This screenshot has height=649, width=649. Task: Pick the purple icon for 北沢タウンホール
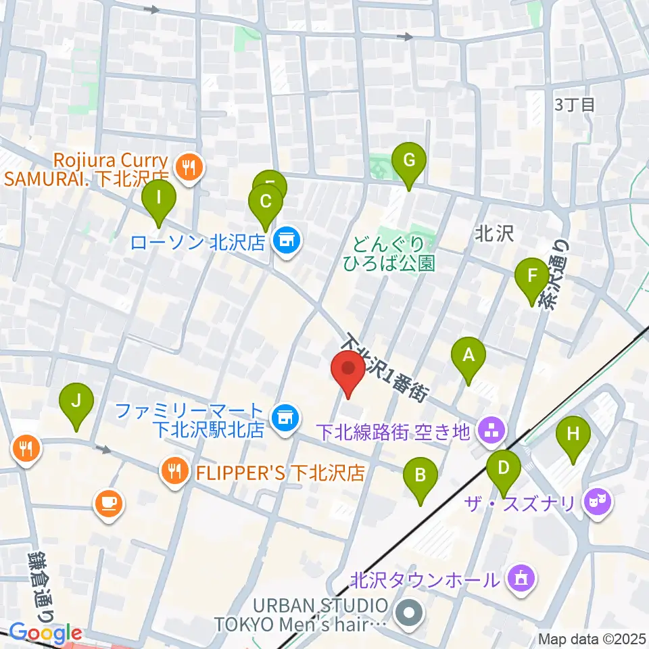click(521, 579)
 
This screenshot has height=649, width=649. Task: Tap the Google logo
click(45, 633)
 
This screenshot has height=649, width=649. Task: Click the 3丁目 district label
click(574, 105)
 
